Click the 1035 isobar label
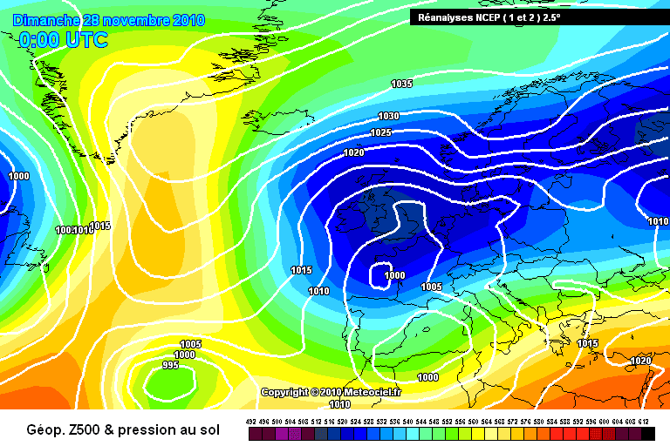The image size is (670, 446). coord(401,84)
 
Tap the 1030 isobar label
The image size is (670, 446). coord(388,117)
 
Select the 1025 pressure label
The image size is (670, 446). coord(380,133)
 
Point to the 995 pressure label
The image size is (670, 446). coord(170,366)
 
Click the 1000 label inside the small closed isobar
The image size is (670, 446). coord(395,275)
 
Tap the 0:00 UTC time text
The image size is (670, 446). coord(63,40)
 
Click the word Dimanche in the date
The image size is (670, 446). coord(47,19)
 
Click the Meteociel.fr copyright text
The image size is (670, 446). coord(331,393)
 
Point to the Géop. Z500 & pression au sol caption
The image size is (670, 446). coord(123,429)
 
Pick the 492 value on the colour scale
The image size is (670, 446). coord(251,422)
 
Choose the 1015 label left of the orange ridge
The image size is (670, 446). coord(100,226)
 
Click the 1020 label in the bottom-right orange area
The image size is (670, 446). coord(640,361)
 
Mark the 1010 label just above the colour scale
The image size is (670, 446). coord(340,404)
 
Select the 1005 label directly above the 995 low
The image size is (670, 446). coord(190,344)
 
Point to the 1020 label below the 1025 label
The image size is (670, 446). coord(353,153)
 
